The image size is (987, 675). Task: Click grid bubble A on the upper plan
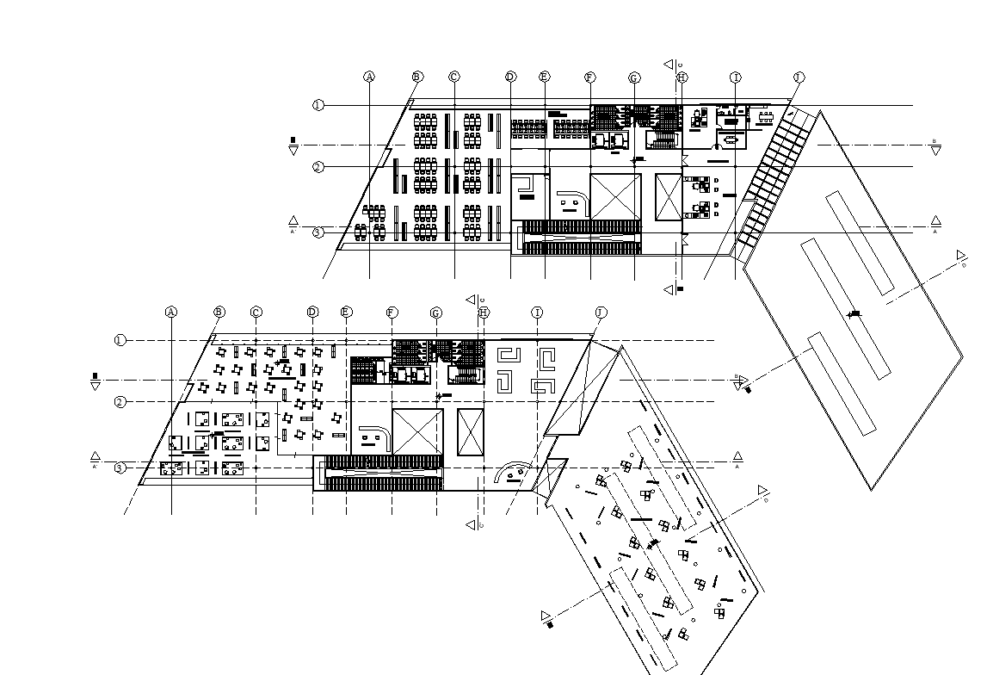coord(369,77)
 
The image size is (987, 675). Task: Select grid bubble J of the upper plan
coord(799,77)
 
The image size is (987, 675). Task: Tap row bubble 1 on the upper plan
coord(318,105)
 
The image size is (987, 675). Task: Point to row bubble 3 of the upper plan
coord(318,232)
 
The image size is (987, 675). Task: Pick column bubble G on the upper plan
coord(634,78)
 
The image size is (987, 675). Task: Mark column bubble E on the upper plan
coord(545,77)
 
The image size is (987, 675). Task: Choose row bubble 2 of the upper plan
coord(318,167)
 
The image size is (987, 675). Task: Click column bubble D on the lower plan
coord(312,311)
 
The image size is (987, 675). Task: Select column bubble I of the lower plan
coord(537,312)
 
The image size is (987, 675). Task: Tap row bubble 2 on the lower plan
coord(120,402)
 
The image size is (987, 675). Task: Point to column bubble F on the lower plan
coord(392,312)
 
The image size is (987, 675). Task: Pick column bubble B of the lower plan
coord(219,311)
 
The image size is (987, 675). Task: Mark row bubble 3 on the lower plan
coord(120,468)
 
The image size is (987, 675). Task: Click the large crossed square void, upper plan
coord(615,197)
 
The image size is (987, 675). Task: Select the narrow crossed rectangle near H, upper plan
coord(668,197)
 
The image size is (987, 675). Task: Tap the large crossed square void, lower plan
coord(417,432)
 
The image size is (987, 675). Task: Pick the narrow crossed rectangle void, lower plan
coord(471,432)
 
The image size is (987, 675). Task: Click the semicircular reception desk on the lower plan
coord(514,473)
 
